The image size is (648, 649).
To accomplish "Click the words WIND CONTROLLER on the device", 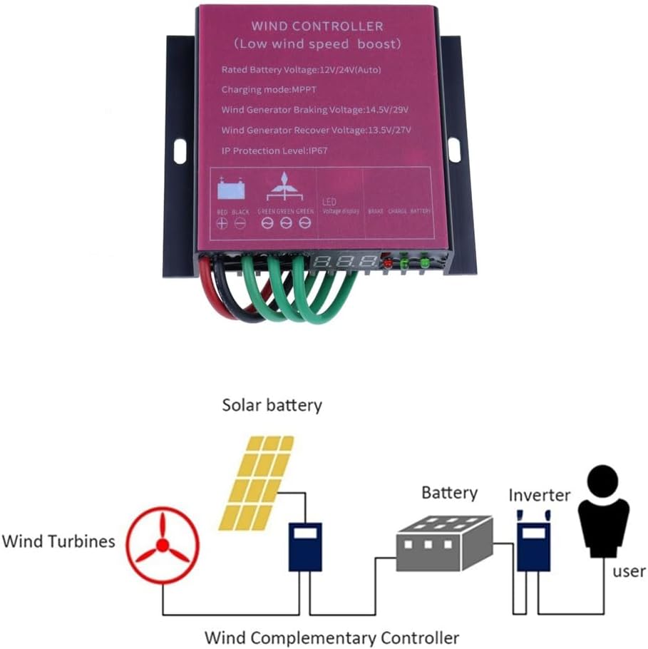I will tap(317, 26).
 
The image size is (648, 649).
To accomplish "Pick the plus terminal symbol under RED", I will tap(222, 223).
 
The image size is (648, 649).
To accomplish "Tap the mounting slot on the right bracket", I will tap(453, 148).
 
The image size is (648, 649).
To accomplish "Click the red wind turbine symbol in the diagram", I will tap(162, 546).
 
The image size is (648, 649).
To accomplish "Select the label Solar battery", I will tap(272, 405).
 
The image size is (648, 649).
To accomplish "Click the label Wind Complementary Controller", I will tap(331, 637).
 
